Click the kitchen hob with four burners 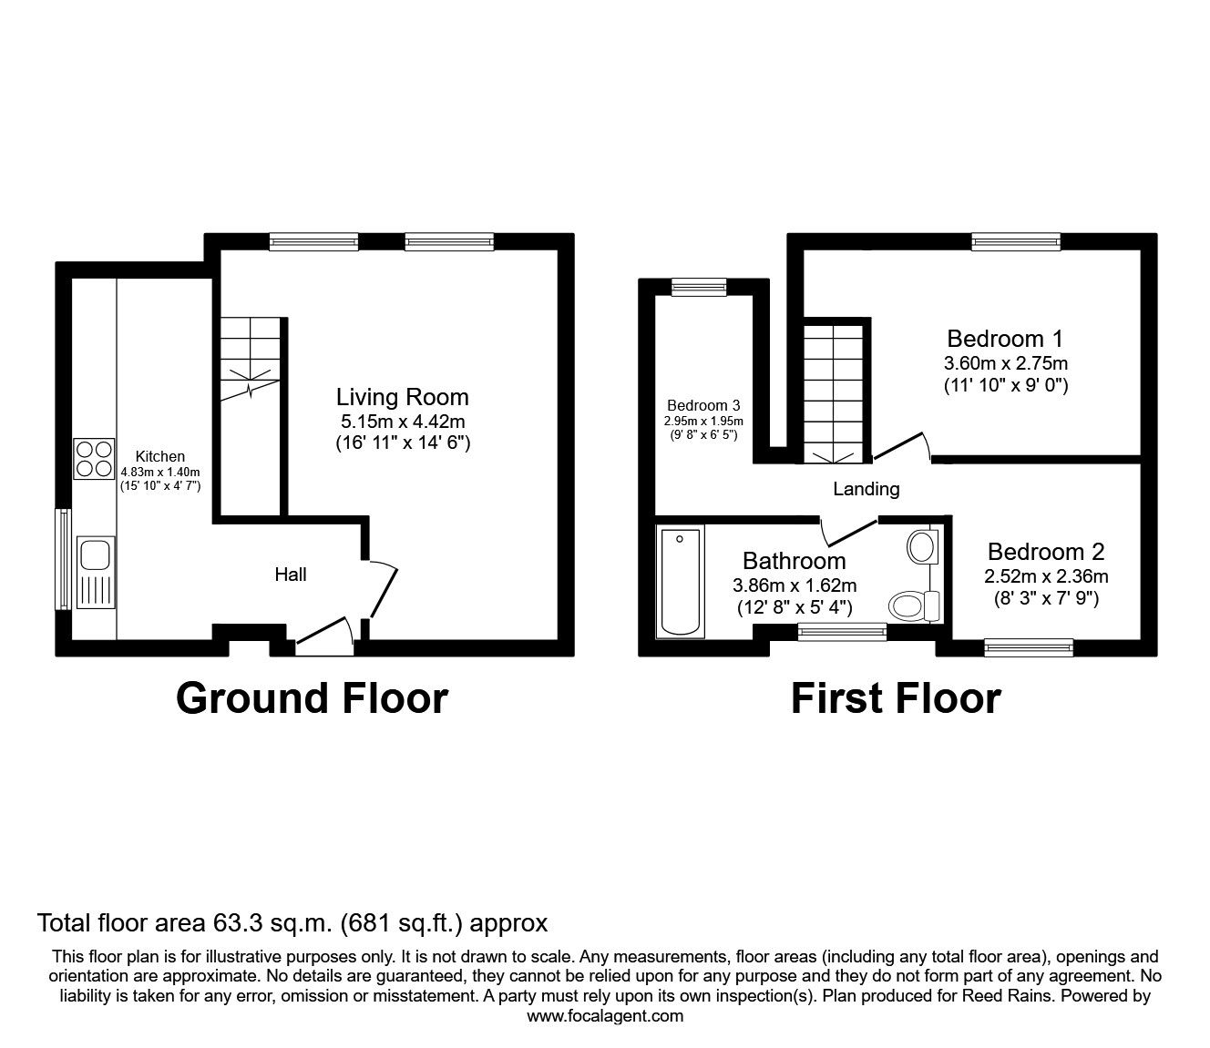tap(94, 459)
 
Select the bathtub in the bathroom tap(681, 582)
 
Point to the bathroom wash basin tap(920, 549)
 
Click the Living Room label tap(403, 397)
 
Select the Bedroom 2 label tap(1046, 552)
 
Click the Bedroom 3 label tap(703, 405)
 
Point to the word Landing tap(866, 489)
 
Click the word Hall tap(291, 575)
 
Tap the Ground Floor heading tap(312, 698)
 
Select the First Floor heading tap(896, 698)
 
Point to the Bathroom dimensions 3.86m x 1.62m tap(795, 585)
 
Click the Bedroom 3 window tap(699, 287)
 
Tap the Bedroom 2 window tap(1029, 647)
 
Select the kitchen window tap(63, 559)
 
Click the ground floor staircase tap(246, 355)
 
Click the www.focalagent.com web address tap(605, 1016)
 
